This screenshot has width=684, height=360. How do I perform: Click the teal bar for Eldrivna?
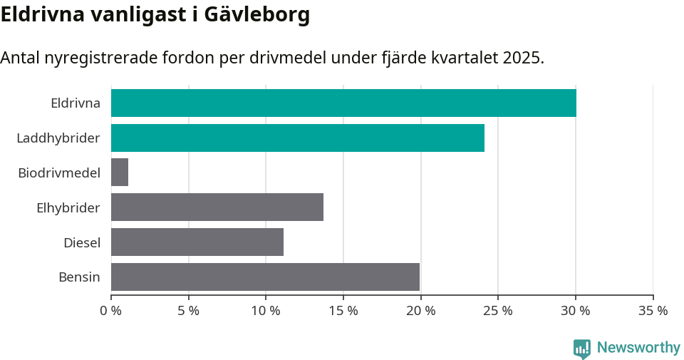[343, 103]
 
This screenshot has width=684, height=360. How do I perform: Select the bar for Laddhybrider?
[298, 138]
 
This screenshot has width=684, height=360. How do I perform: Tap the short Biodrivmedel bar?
[120, 173]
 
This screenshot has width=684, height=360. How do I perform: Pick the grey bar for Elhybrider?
[217, 207]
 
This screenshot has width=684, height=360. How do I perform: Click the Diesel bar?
[197, 242]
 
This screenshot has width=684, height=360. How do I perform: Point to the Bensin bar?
[265, 277]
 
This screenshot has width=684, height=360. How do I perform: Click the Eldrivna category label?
[76, 103]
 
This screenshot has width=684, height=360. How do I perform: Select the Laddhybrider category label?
[58, 138]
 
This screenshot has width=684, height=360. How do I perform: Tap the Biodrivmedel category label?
[59, 173]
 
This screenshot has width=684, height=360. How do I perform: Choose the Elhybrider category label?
[68, 207]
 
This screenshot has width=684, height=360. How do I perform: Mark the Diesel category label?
[82, 242]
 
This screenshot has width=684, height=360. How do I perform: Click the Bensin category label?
[79, 277]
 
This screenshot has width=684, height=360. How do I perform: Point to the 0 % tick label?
[111, 311]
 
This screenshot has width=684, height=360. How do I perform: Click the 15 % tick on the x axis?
[343, 311]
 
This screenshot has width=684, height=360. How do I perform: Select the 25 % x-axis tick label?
[498, 311]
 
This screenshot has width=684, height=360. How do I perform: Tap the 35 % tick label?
[653, 311]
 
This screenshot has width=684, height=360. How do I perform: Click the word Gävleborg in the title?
[256, 15]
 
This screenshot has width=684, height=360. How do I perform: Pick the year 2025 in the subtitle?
[522, 58]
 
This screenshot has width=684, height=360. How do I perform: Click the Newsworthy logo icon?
[582, 349]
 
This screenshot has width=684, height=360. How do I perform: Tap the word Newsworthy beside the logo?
[638, 348]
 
